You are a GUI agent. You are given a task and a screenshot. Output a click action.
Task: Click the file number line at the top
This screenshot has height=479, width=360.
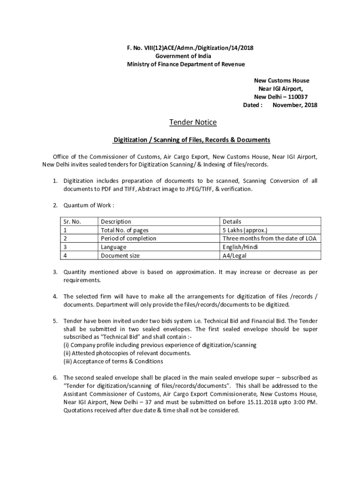click(186, 48)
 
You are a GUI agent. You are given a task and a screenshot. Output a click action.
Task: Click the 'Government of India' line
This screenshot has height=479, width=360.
click(186, 56)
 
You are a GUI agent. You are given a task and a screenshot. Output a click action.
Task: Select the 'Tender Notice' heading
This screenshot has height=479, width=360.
click(193, 123)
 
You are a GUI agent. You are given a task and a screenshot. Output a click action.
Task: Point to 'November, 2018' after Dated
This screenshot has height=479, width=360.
click(295, 105)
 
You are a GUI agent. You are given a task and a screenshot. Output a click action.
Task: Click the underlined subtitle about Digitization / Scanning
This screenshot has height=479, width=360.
click(192, 140)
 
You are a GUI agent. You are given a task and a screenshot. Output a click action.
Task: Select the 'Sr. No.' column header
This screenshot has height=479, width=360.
click(72, 221)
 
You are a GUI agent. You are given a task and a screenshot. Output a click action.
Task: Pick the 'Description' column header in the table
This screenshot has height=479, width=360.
click(116, 221)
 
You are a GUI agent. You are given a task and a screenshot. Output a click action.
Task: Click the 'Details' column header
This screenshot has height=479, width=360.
click(232, 221)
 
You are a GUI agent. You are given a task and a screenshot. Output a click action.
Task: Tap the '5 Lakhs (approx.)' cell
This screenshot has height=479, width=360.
click(245, 230)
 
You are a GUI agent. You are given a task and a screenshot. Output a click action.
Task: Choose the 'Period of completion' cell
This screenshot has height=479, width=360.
click(129, 239)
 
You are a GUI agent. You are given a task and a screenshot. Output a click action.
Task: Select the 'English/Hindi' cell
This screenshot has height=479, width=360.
click(240, 247)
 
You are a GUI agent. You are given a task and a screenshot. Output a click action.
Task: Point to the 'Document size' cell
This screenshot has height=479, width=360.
click(120, 255)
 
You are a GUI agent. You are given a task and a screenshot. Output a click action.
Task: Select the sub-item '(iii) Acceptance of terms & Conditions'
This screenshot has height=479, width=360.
click(113, 361)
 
